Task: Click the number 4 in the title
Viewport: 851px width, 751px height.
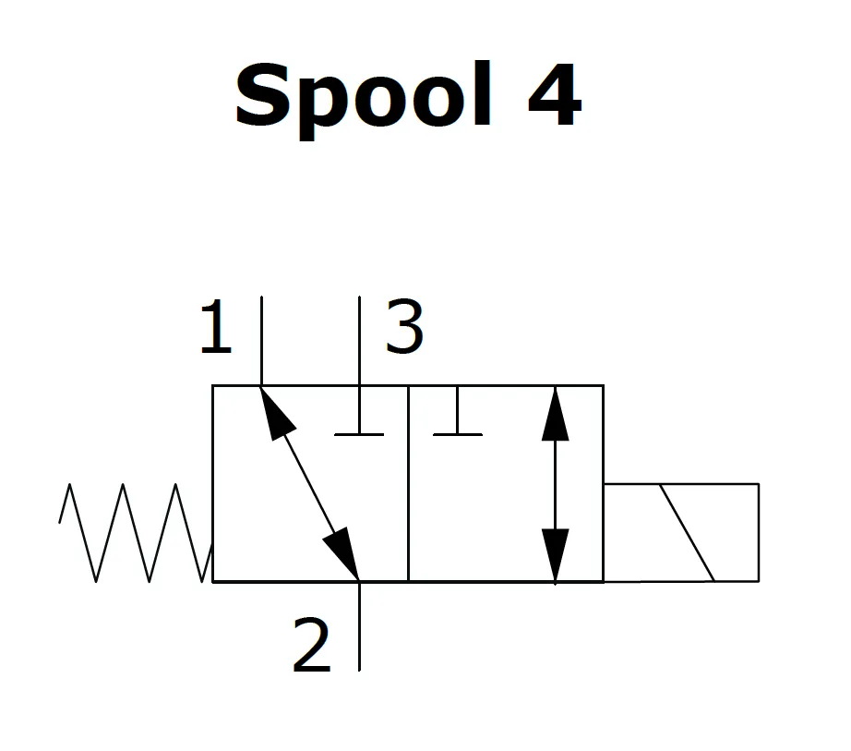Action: pyautogui.click(x=554, y=96)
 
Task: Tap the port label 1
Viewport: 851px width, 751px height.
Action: pyautogui.click(x=215, y=329)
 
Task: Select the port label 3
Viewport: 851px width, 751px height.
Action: pyautogui.click(x=404, y=328)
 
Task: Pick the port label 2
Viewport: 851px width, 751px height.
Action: pyautogui.click(x=312, y=647)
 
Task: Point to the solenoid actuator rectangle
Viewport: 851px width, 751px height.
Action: pyautogui.click(x=680, y=532)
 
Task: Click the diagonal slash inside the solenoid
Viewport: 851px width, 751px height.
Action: pyautogui.click(x=687, y=532)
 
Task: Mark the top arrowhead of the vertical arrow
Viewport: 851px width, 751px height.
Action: pyautogui.click(x=555, y=412)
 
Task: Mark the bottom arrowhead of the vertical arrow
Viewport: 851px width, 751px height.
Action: pyautogui.click(x=555, y=554)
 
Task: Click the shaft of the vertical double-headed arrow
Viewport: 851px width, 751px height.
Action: pyautogui.click(x=555, y=483)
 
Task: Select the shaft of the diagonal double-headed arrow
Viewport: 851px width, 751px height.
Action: pyautogui.click(x=311, y=483)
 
